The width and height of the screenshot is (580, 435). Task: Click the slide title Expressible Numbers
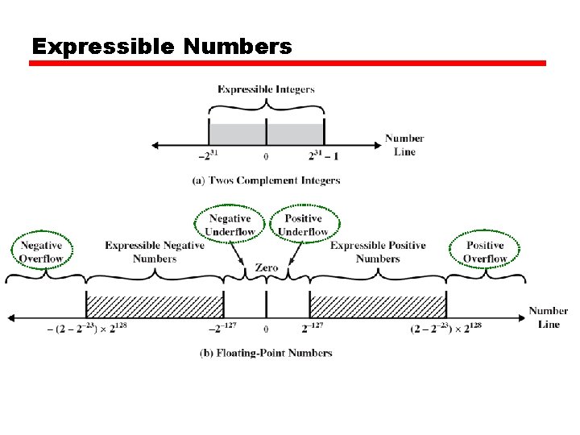pyautogui.click(x=161, y=47)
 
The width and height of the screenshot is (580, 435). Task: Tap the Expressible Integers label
pyautogui.click(x=266, y=89)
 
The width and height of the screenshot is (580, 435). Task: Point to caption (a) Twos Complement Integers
pyautogui.click(x=266, y=180)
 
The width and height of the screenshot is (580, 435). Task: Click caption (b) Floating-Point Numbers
pyautogui.click(x=266, y=353)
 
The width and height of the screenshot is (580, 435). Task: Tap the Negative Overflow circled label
pyautogui.click(x=41, y=252)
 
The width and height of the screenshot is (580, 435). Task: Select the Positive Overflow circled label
pyautogui.click(x=485, y=252)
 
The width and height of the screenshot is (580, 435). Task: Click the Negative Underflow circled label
pyautogui.click(x=230, y=225)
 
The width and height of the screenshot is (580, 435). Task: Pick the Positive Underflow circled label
pyautogui.click(x=303, y=225)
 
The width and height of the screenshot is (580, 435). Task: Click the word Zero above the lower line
pyautogui.click(x=266, y=268)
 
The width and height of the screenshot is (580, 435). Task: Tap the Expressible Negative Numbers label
pyautogui.click(x=155, y=252)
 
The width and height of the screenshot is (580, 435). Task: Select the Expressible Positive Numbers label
pyautogui.click(x=378, y=252)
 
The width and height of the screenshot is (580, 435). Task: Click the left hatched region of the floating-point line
pyautogui.click(x=155, y=306)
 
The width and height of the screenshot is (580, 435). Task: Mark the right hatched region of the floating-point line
pyautogui.click(x=378, y=306)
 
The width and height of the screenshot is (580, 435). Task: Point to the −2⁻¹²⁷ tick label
pyautogui.click(x=226, y=329)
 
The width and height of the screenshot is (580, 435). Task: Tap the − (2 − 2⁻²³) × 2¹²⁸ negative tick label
pyautogui.click(x=78, y=329)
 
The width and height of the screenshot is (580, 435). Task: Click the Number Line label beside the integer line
pyautogui.click(x=404, y=145)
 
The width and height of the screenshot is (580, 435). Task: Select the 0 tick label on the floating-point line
pyautogui.click(x=266, y=329)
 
